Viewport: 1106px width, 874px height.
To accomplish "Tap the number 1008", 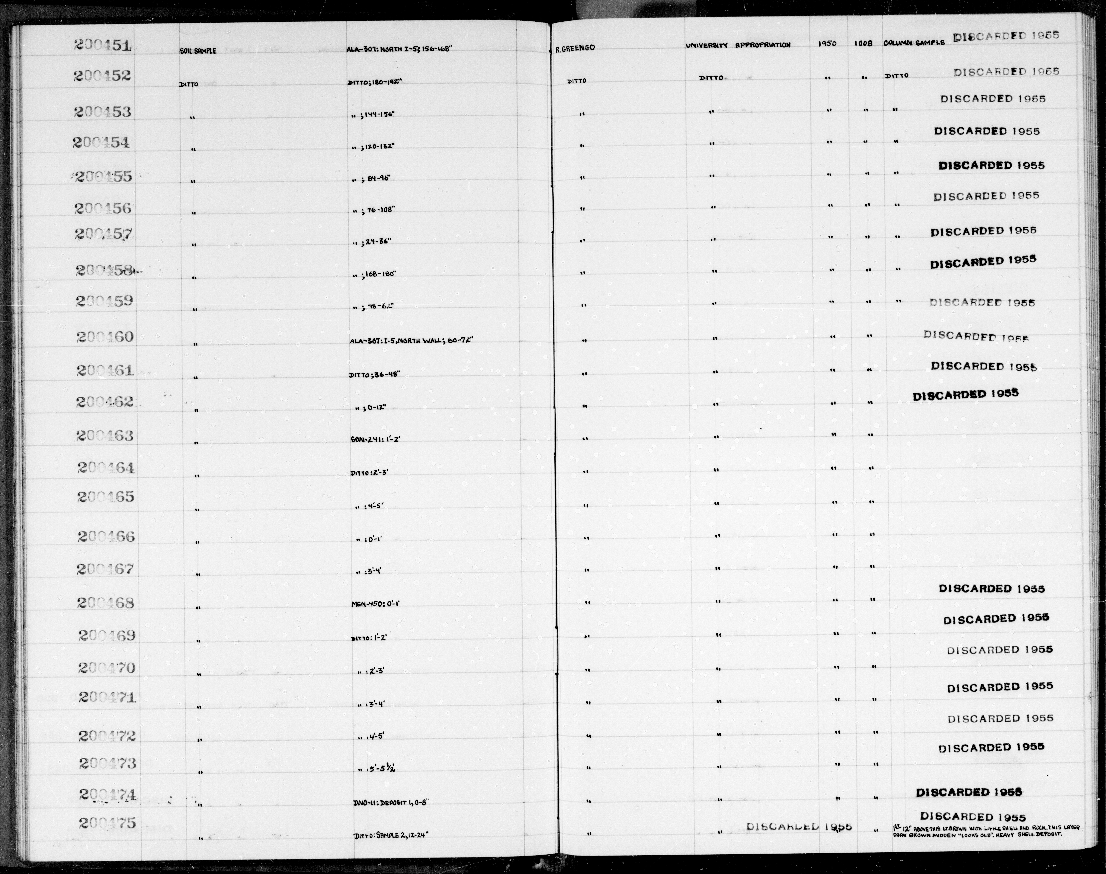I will (863, 44).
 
